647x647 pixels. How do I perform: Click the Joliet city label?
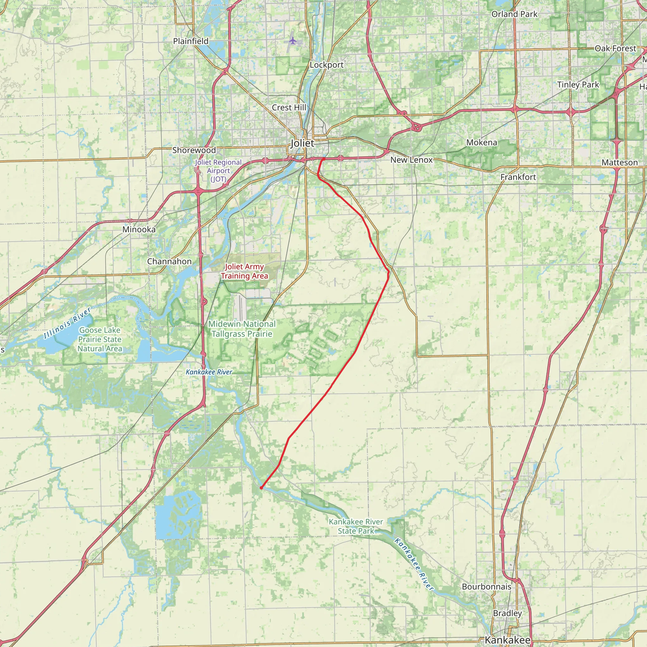pos(302,143)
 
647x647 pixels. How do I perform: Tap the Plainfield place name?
pos(190,41)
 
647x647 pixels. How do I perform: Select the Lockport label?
pos(327,65)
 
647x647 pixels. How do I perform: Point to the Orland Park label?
pos(514,14)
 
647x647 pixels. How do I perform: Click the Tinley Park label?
pos(578,85)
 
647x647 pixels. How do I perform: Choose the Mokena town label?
pos(481,143)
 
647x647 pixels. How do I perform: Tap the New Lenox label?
pos(412,160)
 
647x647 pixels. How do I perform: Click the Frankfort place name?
pos(518,177)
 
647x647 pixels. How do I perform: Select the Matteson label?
pos(620,163)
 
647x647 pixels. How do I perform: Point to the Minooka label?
pos(139,230)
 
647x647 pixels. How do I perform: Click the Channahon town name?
pos(169,262)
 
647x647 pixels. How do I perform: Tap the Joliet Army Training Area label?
pos(245,271)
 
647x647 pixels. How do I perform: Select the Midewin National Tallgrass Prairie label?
pos(242,329)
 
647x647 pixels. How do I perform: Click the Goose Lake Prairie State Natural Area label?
pos(100,340)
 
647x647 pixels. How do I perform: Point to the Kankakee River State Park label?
pos(356,526)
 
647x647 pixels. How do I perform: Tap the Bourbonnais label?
pos(486,587)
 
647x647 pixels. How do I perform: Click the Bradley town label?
pos(507,613)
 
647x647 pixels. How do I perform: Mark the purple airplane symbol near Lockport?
pos(293,41)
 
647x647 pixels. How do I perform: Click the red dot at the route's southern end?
pos(261,488)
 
